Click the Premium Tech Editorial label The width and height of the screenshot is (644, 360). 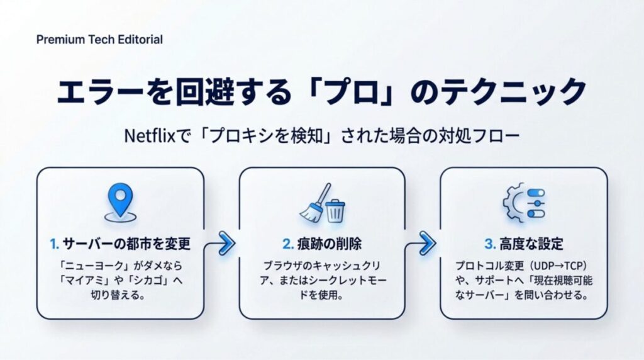[x=99, y=40]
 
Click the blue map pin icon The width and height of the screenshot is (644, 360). [x=120, y=202]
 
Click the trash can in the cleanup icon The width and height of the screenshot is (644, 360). [x=335, y=210]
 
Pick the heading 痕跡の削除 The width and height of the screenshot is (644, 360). [x=327, y=244]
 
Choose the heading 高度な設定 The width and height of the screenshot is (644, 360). [x=528, y=244]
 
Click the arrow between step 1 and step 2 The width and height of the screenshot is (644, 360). [x=223, y=242]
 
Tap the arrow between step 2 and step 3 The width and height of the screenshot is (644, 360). [x=425, y=242]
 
